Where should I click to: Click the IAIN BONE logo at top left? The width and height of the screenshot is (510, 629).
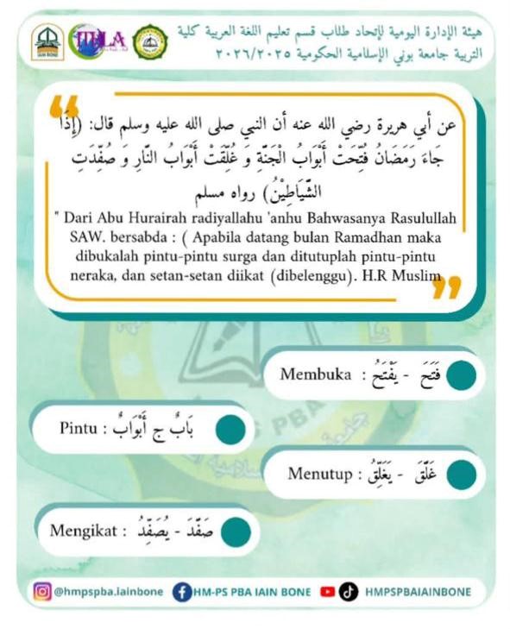coord(47,42)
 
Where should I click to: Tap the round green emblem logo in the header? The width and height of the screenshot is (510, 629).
coord(151,41)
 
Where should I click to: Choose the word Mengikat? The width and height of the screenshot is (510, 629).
coord(82,529)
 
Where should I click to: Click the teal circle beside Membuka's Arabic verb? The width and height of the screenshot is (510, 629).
coord(461,375)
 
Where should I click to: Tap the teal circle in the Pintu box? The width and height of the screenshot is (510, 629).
coord(230,429)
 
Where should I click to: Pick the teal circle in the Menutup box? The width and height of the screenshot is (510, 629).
coord(461,474)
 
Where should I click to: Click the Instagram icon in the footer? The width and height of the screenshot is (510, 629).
coord(42,592)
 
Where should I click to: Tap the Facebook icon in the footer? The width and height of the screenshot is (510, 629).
coord(181,592)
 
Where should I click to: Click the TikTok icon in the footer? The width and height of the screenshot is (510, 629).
coord(348,592)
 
